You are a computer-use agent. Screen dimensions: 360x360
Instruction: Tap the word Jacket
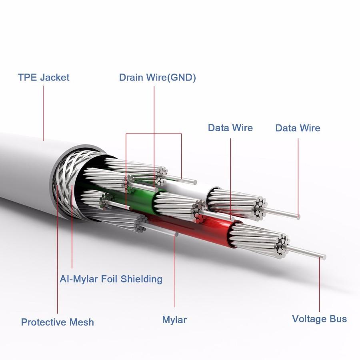pos(55,77)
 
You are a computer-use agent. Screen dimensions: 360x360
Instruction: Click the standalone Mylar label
pos(174,320)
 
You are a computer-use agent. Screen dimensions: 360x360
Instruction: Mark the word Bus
pos(338,319)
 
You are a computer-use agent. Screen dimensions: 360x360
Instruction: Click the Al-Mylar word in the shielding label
pos(78,279)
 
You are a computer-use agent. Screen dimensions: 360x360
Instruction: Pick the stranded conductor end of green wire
pos(176,204)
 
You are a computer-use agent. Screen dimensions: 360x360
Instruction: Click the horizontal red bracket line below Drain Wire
pos(154,134)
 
